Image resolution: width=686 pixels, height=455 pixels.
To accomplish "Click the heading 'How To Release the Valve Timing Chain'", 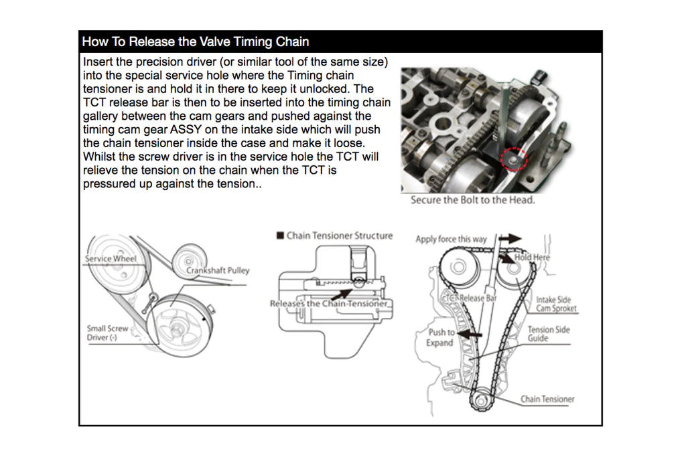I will [195, 41].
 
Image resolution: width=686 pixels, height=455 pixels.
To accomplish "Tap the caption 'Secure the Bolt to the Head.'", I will [472, 200].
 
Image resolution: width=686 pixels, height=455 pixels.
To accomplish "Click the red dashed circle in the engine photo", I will [515, 159].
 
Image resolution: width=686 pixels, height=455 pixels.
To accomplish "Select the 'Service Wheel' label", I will [111, 258].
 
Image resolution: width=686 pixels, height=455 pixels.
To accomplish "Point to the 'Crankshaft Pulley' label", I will [218, 270].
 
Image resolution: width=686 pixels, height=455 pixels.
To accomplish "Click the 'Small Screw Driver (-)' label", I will [107, 333].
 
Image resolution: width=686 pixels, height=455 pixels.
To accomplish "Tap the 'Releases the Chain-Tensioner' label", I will [329, 304].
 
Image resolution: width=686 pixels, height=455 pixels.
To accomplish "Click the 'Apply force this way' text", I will [451, 239].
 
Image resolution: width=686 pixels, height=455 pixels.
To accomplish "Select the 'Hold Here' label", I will [533, 258].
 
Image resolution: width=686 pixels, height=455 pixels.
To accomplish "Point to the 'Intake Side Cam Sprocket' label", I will [556, 304].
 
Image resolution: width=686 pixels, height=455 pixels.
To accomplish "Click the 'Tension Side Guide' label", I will [549, 334].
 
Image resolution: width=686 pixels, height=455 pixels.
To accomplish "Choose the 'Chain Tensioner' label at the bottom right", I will [547, 399].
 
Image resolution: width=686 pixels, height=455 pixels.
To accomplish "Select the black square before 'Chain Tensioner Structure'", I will [280, 236].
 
